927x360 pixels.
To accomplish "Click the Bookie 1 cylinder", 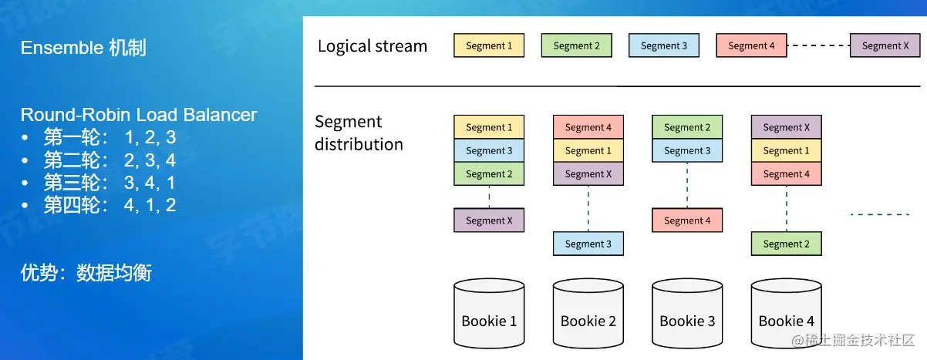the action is point(489,313).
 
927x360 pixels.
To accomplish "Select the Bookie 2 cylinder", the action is point(588,313).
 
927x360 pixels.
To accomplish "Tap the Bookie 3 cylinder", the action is point(687,313).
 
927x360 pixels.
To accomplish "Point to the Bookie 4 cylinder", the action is point(787,313).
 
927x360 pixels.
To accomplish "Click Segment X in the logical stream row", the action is point(885,45).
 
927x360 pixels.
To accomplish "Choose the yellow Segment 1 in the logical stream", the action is point(489,45).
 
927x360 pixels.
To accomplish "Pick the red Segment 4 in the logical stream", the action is point(751,45).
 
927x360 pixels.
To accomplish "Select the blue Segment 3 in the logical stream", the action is point(664,45).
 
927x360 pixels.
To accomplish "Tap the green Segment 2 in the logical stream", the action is point(576,45).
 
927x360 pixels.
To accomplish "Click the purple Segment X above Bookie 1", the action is point(489,220).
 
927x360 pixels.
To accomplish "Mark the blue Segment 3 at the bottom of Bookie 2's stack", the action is point(588,244).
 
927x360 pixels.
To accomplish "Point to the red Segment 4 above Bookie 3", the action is point(687,220).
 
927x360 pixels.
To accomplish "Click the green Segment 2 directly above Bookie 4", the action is point(787,244).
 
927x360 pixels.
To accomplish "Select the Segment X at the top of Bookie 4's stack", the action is point(787,127).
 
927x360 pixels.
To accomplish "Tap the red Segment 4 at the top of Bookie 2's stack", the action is point(588,127).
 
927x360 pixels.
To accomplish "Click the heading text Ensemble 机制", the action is point(83,48).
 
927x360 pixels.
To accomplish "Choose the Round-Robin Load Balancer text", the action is point(139,115).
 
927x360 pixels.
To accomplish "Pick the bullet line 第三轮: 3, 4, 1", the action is point(110,183).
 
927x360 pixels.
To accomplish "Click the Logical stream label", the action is point(372,46).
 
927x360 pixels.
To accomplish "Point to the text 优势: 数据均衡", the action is point(86,273).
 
